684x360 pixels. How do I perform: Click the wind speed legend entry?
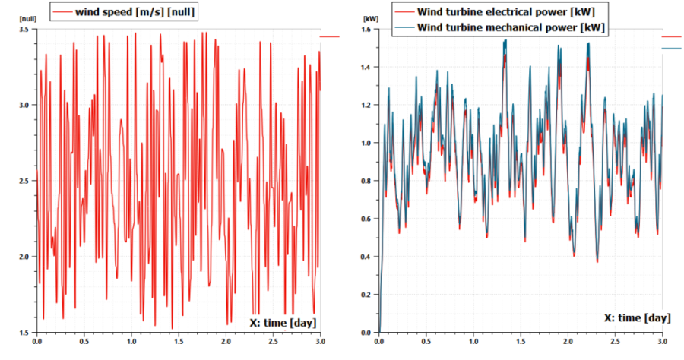click(127, 12)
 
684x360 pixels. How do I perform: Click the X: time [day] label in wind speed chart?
click(282, 323)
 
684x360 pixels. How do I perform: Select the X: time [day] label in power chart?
click(637, 317)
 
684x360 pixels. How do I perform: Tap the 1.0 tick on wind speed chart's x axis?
click(131, 343)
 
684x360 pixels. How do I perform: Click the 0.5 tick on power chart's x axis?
click(426, 343)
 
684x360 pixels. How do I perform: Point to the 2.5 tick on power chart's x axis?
click(616, 343)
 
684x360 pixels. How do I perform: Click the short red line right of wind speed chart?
click(330, 36)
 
